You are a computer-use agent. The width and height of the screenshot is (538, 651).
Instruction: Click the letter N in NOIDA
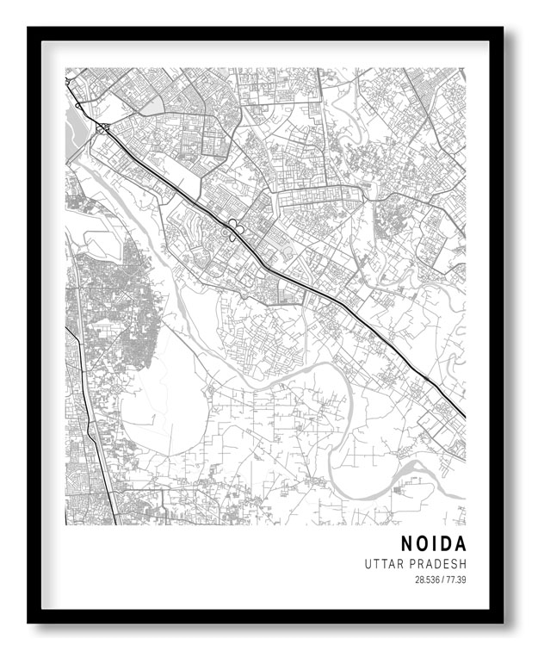[407, 544]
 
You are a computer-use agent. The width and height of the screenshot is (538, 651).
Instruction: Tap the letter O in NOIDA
[424, 544]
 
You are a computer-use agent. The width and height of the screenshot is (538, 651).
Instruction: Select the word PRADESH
[438, 564]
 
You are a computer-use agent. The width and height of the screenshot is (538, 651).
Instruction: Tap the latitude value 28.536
[427, 580]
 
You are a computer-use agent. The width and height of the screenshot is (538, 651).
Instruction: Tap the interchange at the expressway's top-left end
[102, 129]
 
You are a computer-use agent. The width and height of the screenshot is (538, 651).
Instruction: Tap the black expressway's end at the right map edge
[463, 416]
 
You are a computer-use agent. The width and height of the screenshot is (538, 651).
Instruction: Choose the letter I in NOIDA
[436, 544]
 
